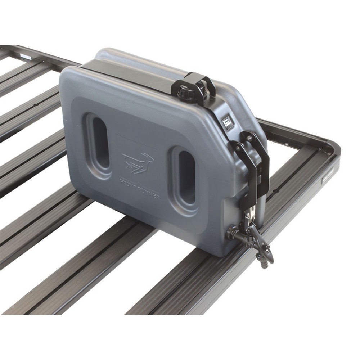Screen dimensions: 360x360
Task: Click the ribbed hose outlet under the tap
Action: (260, 263)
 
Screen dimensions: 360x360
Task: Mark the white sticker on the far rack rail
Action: (25, 57)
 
